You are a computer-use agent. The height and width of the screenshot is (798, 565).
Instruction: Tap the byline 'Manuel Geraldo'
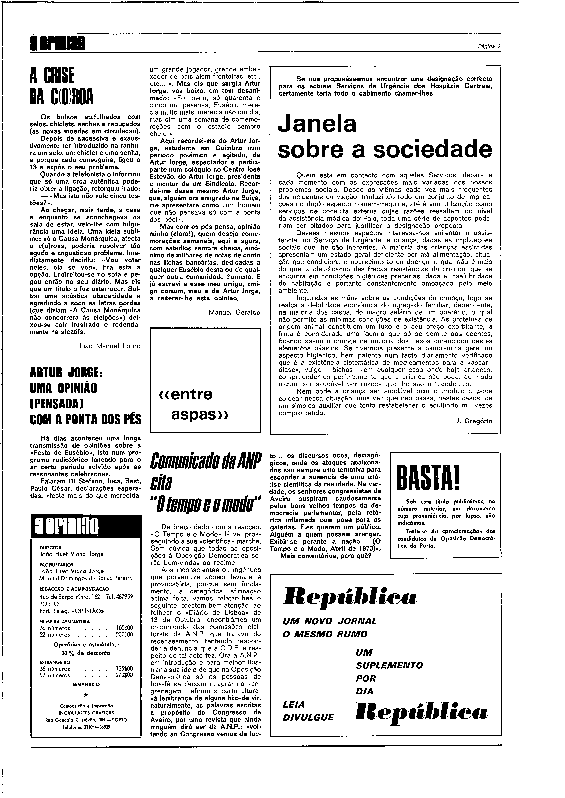click(234, 312)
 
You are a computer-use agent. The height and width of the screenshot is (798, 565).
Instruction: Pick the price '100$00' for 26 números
click(124, 628)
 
